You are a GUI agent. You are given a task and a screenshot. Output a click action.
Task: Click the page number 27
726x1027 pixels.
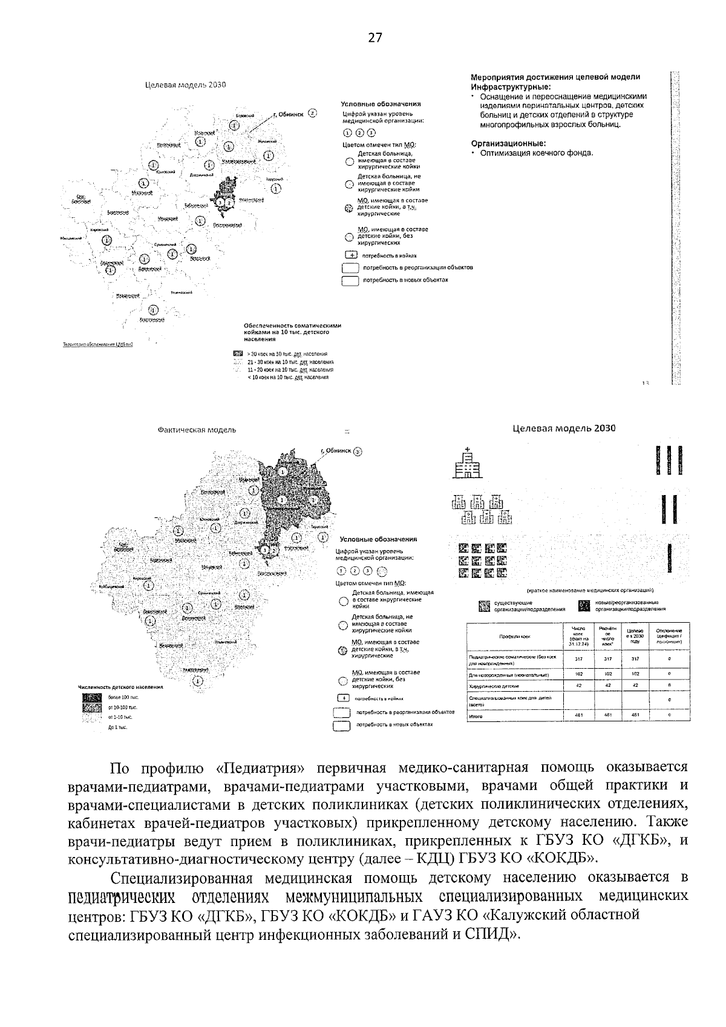[375, 38]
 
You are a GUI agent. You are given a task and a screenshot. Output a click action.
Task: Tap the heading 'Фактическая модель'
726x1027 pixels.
[197, 430]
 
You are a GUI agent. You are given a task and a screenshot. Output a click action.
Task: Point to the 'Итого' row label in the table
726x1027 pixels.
[476, 717]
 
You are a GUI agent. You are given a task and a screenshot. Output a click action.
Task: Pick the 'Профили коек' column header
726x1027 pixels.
[514, 637]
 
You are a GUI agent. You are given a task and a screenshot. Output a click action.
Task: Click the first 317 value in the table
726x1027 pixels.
[578, 659]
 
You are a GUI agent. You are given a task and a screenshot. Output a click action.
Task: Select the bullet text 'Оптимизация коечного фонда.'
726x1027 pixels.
[537, 153]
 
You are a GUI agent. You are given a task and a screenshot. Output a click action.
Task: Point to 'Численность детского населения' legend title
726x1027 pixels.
[121, 687]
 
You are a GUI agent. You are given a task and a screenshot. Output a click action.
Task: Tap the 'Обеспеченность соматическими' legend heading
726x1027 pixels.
[292, 326]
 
